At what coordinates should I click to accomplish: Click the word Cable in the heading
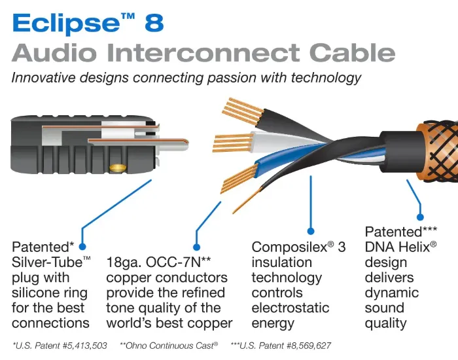[x=354, y=53]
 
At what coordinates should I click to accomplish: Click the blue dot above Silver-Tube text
[x=83, y=230]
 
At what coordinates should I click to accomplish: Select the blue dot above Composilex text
[x=311, y=230]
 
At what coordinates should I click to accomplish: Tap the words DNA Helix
[x=396, y=247]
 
